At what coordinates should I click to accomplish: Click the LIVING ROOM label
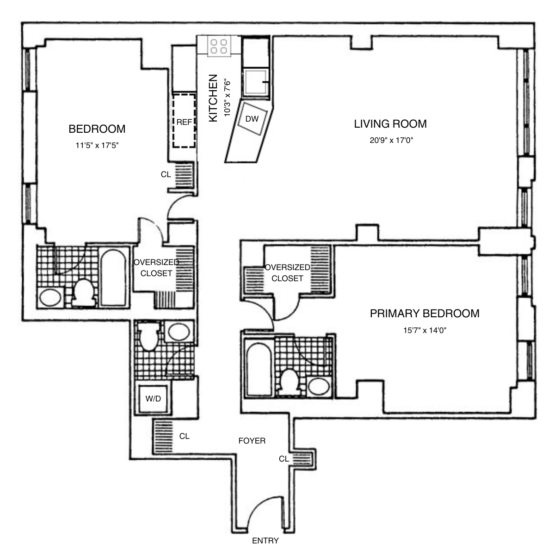(x=390, y=124)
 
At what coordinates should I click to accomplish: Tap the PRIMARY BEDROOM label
(x=424, y=314)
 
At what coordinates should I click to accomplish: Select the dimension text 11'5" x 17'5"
(x=97, y=145)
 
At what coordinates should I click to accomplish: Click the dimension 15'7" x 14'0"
(x=424, y=330)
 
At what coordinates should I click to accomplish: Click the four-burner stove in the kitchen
(x=219, y=46)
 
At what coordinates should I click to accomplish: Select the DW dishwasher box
(x=252, y=119)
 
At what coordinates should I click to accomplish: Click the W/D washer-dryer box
(x=153, y=398)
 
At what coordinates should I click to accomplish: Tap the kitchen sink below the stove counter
(x=256, y=83)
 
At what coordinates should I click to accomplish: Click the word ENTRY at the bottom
(x=265, y=541)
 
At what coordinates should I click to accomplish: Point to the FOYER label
(x=252, y=441)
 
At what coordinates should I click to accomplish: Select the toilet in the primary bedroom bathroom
(x=290, y=382)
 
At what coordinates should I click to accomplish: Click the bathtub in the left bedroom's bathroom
(x=114, y=277)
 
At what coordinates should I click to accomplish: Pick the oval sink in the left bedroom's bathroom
(x=50, y=297)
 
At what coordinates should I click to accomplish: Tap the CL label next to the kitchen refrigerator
(x=166, y=175)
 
